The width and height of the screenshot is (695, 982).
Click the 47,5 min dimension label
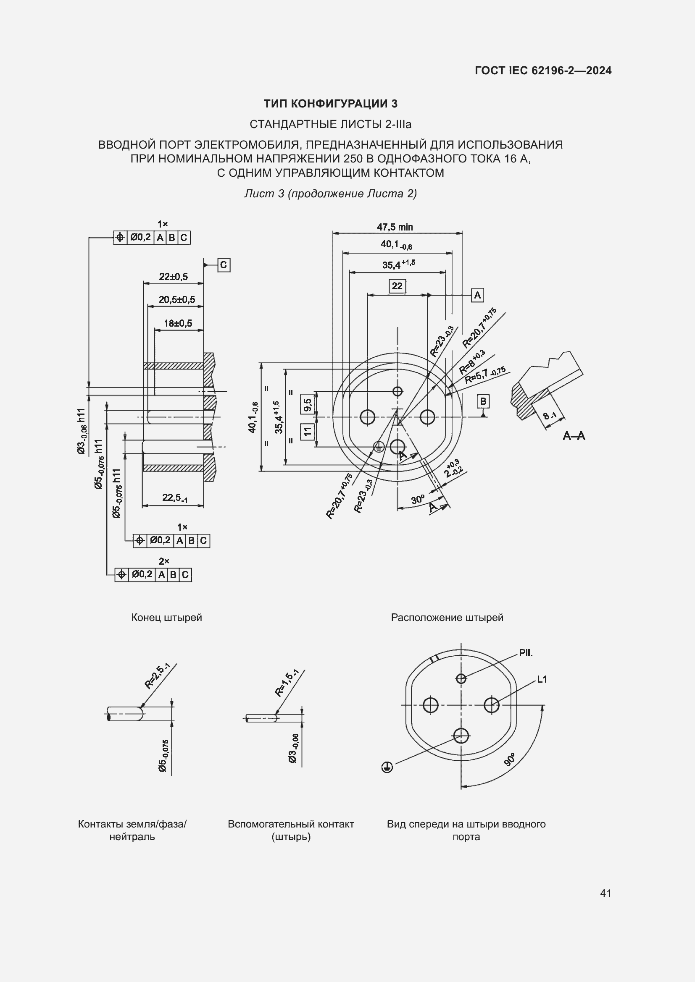tap(395, 227)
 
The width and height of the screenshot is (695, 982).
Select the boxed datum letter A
tap(477, 295)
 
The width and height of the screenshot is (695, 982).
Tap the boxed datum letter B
tap(483, 401)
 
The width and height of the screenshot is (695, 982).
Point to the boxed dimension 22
tap(397, 286)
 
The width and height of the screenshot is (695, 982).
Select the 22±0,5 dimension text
tap(173, 277)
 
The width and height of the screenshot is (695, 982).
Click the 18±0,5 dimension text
tap(178, 323)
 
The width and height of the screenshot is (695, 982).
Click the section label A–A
tap(574, 436)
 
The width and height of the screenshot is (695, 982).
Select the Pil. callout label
tap(526, 653)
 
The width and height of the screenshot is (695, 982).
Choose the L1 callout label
tap(542, 679)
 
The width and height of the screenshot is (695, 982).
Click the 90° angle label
tap(510, 759)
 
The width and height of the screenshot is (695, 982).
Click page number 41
tap(605, 893)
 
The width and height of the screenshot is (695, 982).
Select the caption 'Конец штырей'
tap(166, 618)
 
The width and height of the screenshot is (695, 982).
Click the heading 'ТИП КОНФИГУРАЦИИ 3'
tap(330, 104)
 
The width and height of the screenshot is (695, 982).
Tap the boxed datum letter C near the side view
tap(224, 265)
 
